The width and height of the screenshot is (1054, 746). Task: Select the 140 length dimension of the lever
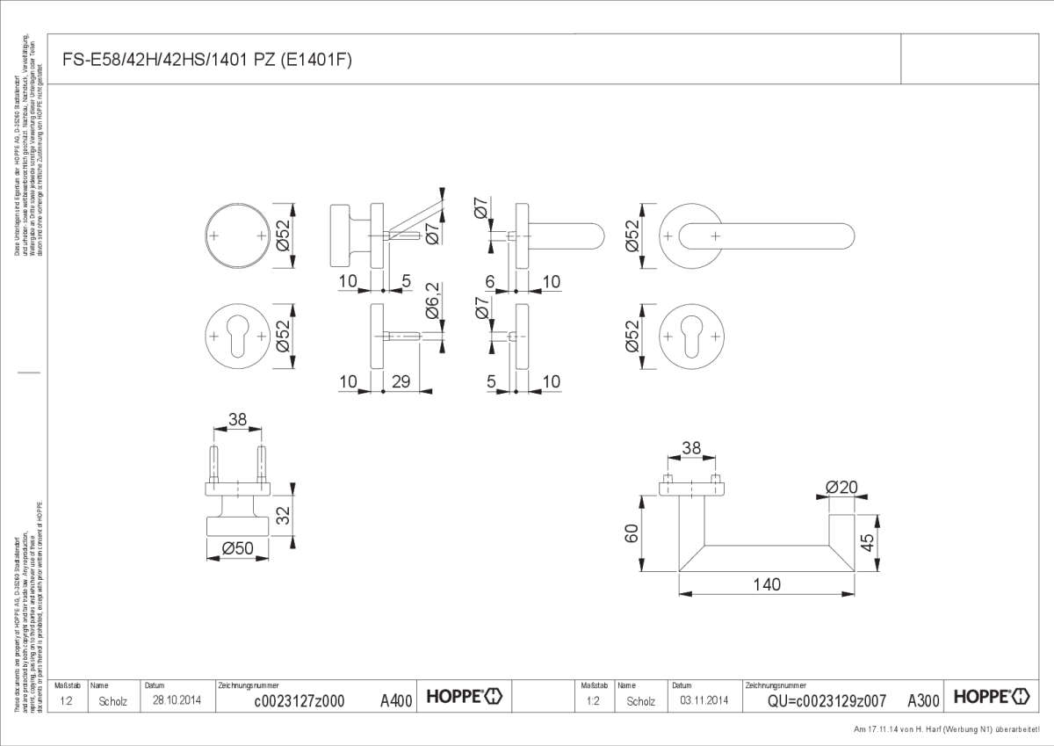(x=767, y=584)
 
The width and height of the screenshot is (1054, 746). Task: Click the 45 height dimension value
(x=868, y=543)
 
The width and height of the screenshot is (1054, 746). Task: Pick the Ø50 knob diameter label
(x=237, y=547)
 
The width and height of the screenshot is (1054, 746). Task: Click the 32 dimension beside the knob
(x=283, y=514)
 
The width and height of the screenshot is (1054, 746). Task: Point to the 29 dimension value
(x=401, y=381)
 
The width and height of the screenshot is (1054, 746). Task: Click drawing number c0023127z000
(x=299, y=700)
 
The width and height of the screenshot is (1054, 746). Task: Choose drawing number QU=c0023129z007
(x=826, y=700)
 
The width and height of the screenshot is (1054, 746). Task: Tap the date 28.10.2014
(x=177, y=700)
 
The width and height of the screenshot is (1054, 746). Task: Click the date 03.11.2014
(x=704, y=700)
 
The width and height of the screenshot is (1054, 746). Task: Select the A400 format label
(x=396, y=700)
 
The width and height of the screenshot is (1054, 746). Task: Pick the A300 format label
(x=923, y=700)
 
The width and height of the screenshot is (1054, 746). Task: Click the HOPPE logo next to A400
(x=465, y=698)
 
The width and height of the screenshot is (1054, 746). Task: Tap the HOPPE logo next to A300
(x=992, y=698)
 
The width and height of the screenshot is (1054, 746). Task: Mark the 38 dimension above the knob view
(x=237, y=420)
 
